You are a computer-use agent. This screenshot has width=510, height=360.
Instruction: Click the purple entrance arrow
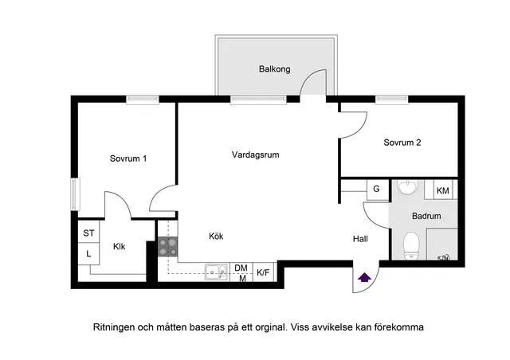[365, 277]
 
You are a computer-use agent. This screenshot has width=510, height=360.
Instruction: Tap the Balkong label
[274, 69]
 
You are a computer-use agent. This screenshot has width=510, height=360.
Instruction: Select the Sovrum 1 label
[128, 158]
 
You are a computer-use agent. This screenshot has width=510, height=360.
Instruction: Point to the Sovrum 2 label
[402, 143]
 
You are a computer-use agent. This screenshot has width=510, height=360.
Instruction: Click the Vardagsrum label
[255, 155]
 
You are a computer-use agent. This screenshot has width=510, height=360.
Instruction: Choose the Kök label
[216, 236]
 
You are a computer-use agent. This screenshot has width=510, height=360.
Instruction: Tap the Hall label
[360, 239]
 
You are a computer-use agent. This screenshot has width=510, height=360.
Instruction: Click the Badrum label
[426, 216]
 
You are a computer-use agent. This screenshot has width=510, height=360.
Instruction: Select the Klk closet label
[120, 246]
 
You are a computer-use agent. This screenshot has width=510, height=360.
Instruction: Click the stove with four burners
[168, 247]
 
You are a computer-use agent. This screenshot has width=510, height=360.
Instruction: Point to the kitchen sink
[216, 272]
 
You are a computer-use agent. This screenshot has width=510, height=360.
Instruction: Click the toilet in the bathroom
[411, 246]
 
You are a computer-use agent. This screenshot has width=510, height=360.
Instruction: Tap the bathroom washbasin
[407, 188]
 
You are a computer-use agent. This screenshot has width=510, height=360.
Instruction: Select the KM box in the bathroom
[443, 190]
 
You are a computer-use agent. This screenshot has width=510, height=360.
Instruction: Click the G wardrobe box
[378, 190]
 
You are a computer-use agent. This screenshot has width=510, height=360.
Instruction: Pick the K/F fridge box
[264, 272]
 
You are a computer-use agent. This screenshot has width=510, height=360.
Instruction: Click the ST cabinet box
[88, 232]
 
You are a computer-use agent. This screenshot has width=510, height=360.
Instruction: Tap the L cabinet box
[88, 253]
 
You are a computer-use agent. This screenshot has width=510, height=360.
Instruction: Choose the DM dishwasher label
[241, 268]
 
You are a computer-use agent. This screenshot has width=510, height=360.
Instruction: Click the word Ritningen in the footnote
[113, 327]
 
